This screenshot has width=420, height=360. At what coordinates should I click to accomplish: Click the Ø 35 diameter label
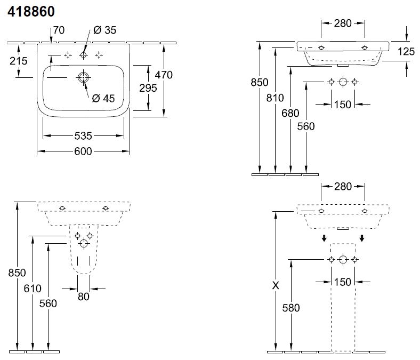104,30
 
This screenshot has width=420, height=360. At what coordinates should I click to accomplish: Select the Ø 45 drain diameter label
103,98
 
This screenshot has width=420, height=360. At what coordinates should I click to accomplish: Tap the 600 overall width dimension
84,151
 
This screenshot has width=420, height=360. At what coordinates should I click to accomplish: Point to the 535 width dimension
84,135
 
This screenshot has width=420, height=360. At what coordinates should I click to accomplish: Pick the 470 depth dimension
164,75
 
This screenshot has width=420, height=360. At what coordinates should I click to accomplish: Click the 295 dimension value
148,88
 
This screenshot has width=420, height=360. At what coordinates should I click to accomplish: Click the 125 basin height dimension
406,52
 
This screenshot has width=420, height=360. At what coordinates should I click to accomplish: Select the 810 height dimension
275,98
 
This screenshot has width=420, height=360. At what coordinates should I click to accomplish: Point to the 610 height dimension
33,289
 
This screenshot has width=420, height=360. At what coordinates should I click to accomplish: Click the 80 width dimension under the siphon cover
84,297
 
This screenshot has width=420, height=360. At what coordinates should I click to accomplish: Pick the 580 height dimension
291,308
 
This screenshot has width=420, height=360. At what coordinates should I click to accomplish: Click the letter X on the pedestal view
276,285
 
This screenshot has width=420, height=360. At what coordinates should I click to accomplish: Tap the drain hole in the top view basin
83,78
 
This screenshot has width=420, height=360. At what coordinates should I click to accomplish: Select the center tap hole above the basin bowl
83,55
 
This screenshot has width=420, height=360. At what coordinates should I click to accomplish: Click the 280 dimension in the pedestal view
343,187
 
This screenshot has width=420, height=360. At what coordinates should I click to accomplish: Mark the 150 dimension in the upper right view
343,105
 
